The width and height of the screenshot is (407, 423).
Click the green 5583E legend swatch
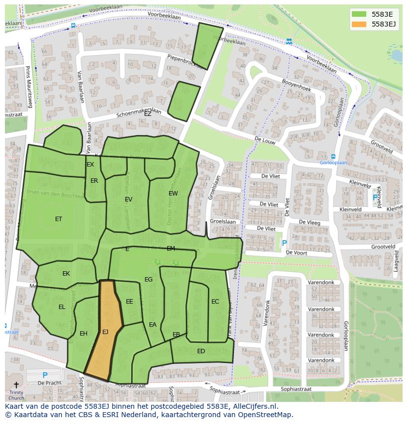(359, 14)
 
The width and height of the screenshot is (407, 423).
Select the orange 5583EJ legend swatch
(359, 24)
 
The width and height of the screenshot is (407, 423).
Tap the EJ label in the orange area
(105, 332)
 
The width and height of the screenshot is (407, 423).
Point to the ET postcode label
(58, 219)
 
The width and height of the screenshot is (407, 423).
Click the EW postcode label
(173, 194)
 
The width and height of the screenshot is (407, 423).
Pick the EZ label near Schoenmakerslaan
(147, 113)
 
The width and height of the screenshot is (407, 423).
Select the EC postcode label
(215, 302)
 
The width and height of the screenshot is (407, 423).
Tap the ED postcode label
(201, 351)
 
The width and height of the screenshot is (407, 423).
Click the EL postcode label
(62, 307)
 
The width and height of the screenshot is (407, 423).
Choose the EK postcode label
(66, 274)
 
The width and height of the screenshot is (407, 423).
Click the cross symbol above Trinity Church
(16, 385)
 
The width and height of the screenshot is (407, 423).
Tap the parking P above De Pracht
(45, 375)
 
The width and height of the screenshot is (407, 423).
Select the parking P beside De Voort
(284, 243)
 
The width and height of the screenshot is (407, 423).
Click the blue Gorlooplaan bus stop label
(333, 162)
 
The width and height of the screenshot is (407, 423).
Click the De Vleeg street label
(310, 223)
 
